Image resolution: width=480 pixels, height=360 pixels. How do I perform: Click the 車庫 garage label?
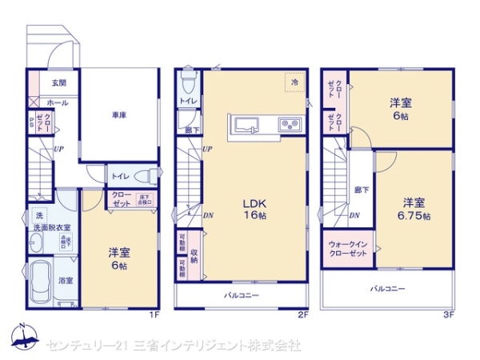coord(120,114)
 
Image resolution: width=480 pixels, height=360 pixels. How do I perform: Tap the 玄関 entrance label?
coord(59,82)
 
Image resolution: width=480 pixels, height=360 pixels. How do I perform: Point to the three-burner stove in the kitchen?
coord(287,124)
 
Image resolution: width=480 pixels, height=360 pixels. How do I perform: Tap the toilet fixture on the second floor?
coord(189,81)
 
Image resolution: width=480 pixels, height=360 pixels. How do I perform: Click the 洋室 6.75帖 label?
coord(413,209)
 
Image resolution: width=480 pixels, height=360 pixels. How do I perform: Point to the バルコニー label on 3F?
coord(387,288)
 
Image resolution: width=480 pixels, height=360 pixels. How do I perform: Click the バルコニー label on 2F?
coord(240,294)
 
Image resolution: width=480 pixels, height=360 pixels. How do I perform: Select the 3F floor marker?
coord(449,314)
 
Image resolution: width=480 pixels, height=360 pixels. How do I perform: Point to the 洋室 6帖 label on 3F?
coord(400,109)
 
